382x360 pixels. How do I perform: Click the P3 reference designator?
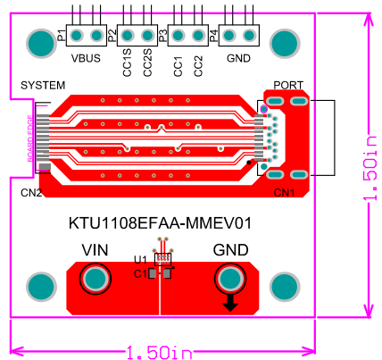[162, 36]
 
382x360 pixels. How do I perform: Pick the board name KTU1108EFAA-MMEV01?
[161, 223]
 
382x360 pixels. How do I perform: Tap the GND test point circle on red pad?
[231, 280]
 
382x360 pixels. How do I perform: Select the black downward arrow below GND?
[230, 304]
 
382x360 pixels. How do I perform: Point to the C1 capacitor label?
[139, 273]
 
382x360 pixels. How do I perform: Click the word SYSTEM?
[43, 85]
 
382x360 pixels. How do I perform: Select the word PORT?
[288, 85]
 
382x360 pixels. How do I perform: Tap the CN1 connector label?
[285, 192]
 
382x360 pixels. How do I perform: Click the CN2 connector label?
[31, 192]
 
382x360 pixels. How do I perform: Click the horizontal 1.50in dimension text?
[160, 353]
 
